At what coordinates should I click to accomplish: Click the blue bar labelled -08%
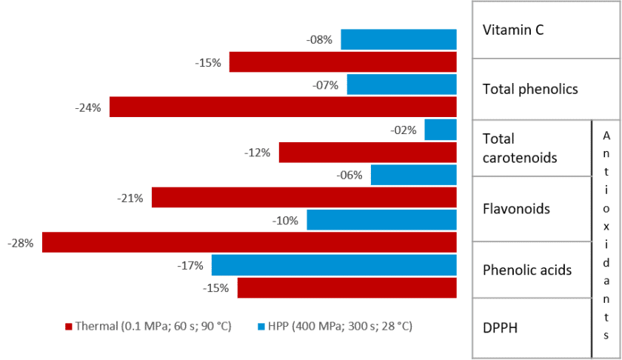coord(398,39)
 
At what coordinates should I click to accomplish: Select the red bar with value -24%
coord(283,107)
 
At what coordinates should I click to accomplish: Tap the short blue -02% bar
coord(441,130)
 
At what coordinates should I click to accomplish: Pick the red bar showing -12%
coord(368,153)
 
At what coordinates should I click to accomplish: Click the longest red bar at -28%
coord(249,242)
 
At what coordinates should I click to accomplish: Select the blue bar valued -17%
coord(334,265)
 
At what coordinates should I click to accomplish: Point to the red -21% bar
coord(304,197)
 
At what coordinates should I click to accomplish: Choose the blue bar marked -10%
coord(381,220)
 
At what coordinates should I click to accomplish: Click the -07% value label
coord(325,85)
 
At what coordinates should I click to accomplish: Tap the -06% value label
coord(350,176)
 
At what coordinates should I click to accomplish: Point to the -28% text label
coord(20,243)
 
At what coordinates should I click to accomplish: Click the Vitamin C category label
coord(513,30)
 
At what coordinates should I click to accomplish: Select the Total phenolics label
coord(530,90)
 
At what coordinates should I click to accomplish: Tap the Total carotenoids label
coord(520,148)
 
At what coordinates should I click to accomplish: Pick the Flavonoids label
coord(516,209)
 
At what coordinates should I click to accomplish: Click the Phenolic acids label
coord(526,270)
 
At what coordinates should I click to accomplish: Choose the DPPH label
coord(500,328)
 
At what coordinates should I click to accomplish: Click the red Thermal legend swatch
coord(69,327)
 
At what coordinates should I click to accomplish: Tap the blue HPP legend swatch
coord(261,327)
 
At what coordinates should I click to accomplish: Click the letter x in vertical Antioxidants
coord(606,227)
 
